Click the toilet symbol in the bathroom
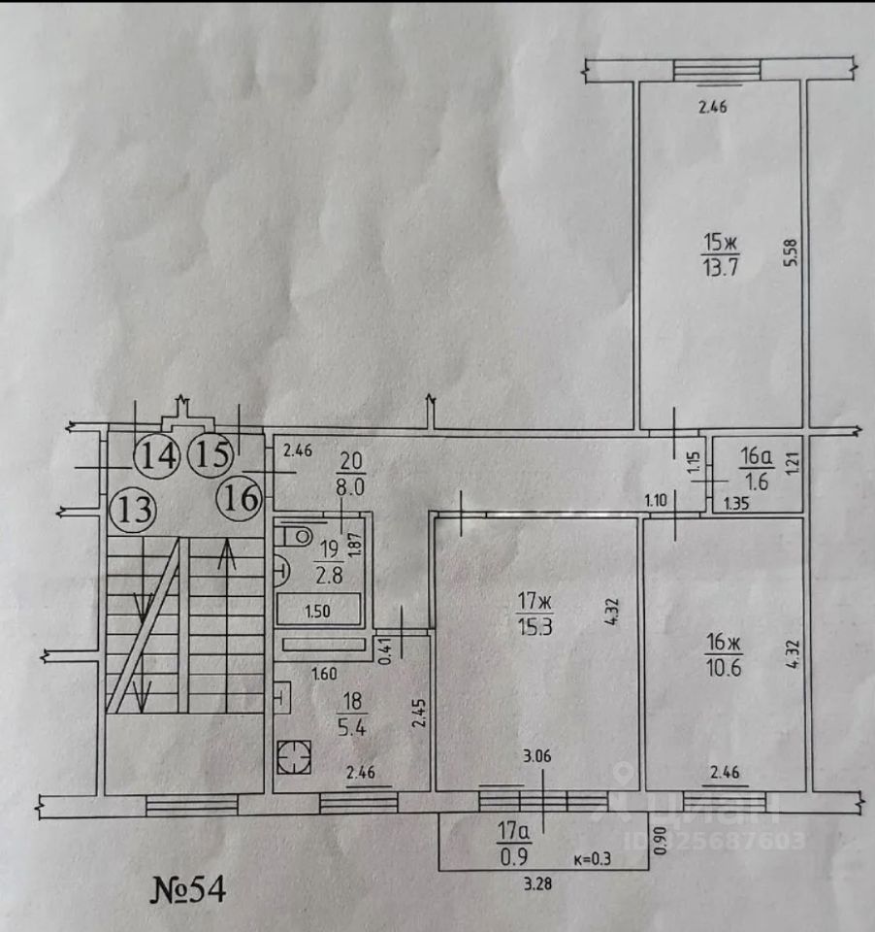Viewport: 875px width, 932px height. pyautogui.click(x=293, y=533)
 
